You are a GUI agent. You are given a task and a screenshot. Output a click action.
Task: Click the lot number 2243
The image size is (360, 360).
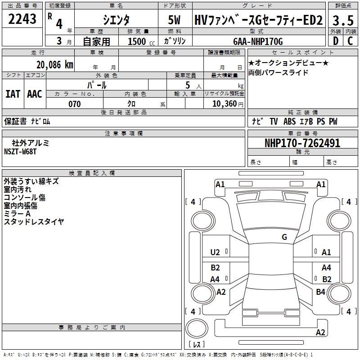[22, 19]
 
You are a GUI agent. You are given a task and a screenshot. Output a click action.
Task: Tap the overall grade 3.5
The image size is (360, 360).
[343, 20]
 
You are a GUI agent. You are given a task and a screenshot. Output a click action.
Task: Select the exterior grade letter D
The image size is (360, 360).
[336, 41]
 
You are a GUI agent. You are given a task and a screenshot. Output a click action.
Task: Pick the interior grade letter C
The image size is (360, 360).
[350, 41]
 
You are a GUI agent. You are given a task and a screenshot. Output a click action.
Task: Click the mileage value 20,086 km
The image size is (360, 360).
[55, 65]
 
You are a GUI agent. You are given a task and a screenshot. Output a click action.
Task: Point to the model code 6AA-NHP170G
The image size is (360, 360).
[258, 41]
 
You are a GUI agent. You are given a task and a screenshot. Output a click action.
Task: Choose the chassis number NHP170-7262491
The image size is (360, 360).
[302, 143]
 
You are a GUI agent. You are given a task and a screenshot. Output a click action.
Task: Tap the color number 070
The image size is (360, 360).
[75, 104]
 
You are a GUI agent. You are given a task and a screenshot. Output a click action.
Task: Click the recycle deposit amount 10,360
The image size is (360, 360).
[225, 104]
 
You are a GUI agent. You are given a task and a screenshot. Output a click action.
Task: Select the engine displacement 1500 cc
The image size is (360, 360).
[141, 41]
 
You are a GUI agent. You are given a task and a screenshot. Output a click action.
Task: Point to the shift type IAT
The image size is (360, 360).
[13, 94]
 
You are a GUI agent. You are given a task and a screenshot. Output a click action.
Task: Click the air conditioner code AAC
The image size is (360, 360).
[35, 94]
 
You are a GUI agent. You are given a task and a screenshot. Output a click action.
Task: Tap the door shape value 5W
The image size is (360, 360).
[174, 20]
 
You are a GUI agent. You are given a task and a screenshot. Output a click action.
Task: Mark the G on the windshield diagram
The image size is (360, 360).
[284, 237]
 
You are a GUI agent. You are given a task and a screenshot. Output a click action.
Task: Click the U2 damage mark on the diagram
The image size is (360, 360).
[215, 252]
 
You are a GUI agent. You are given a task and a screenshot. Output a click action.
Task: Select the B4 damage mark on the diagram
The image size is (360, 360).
[320, 292]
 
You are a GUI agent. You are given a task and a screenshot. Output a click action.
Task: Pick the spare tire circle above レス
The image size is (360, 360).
[197, 328]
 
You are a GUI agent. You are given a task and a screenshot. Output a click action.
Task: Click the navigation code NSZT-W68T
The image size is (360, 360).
[20, 152]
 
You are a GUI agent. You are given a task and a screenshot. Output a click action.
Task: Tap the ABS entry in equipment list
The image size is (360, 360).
[289, 121]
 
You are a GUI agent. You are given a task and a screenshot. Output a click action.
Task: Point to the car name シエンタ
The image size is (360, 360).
[116, 20]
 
